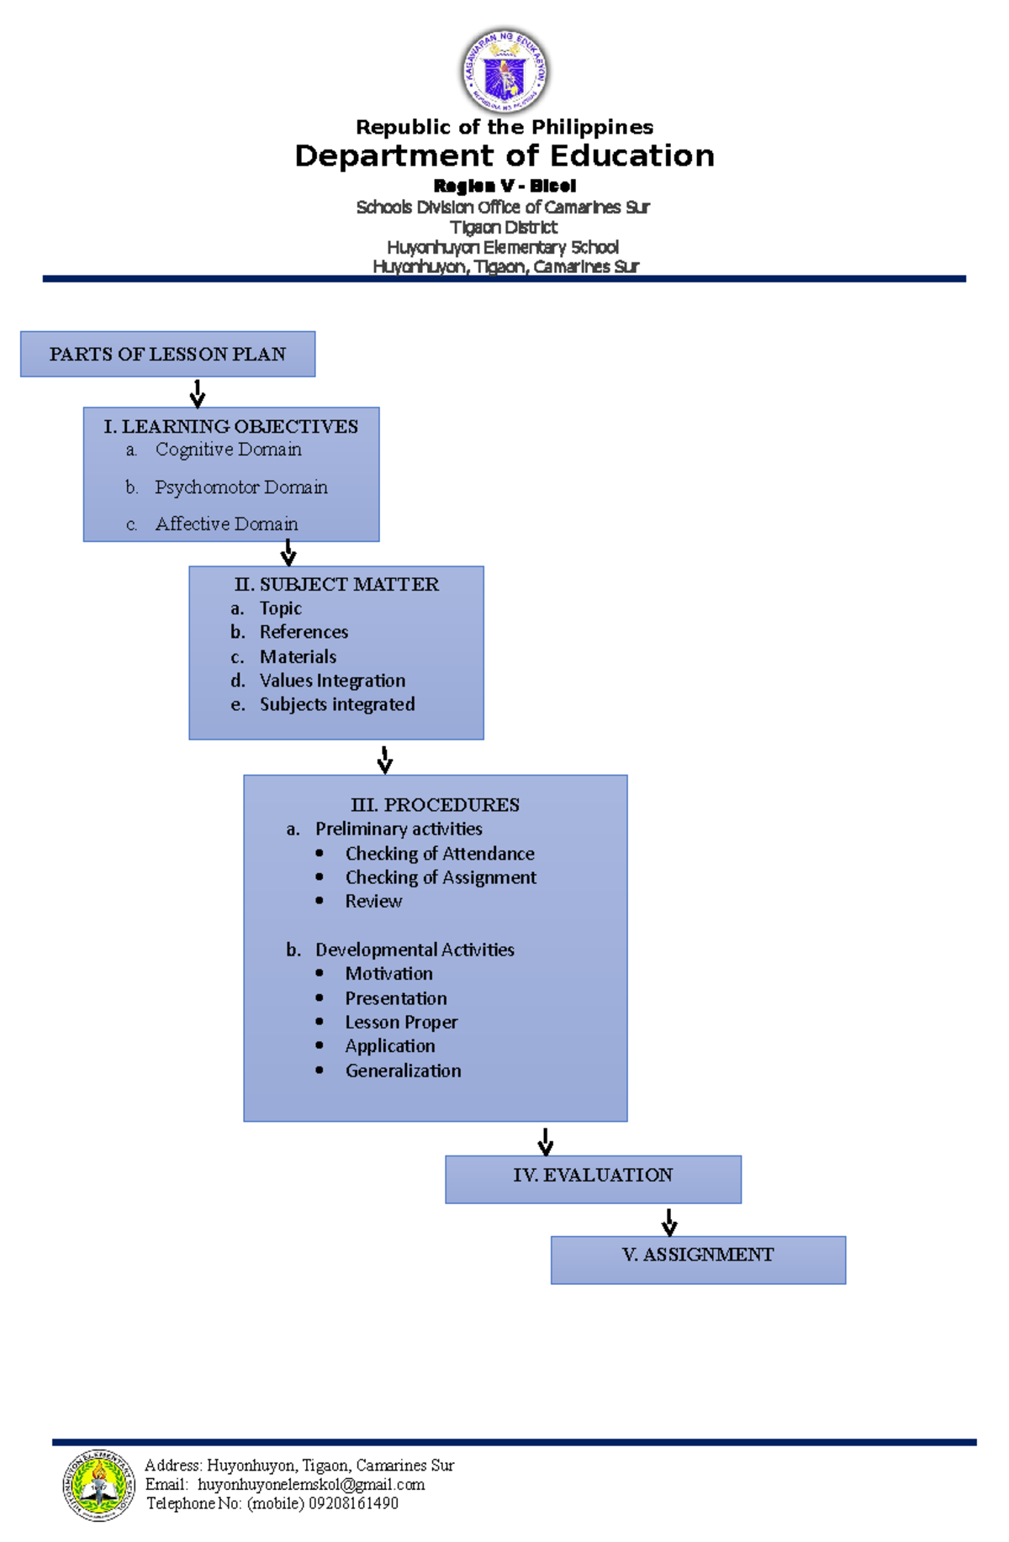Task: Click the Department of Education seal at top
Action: pyautogui.click(x=504, y=71)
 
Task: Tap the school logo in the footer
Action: pyautogui.click(x=98, y=1485)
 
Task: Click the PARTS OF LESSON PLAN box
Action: pyautogui.click(x=167, y=354)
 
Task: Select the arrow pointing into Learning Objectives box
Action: pyautogui.click(x=198, y=393)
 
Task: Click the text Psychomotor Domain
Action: pyautogui.click(x=240, y=487)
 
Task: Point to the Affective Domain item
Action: pyautogui.click(x=226, y=524)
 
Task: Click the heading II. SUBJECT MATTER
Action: pyautogui.click(x=336, y=584)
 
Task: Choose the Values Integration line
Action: pyautogui.click(x=332, y=681)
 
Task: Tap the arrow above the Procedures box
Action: pyautogui.click(x=385, y=759)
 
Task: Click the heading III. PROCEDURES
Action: pyautogui.click(x=435, y=805)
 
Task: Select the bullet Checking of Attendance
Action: pyautogui.click(x=440, y=854)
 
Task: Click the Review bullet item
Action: pyautogui.click(x=373, y=902)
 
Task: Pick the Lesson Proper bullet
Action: pyautogui.click(x=401, y=1023)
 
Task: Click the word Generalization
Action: pyautogui.click(x=403, y=1071)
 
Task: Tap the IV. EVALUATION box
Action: pyautogui.click(x=593, y=1178)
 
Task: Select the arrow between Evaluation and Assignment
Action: pyautogui.click(x=669, y=1223)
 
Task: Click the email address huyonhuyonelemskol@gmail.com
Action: pyautogui.click(x=311, y=1485)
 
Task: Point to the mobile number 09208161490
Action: pyautogui.click(x=353, y=1503)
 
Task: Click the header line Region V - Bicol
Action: pyautogui.click(x=504, y=186)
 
